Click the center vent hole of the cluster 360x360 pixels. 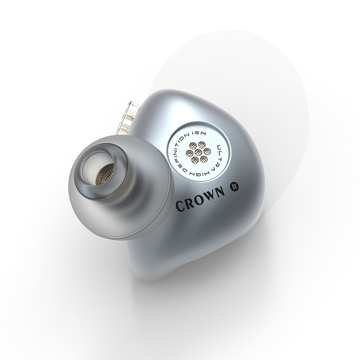[x=198, y=153]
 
